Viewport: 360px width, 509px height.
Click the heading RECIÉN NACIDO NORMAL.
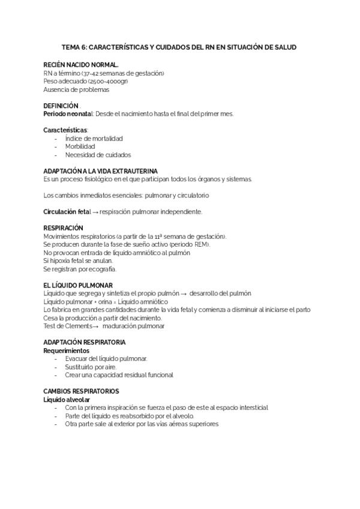tap(81, 64)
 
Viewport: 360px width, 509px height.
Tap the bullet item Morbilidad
tap(80, 146)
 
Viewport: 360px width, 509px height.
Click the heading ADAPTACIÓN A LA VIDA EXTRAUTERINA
tap(101, 171)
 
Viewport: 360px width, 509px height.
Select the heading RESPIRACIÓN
tap(64, 228)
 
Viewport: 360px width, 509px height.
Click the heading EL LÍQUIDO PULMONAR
tap(78, 285)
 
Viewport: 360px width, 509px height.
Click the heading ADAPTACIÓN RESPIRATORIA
tap(85, 342)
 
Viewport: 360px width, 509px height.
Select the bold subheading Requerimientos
tap(67, 350)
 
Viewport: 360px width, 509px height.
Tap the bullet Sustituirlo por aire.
tap(91, 367)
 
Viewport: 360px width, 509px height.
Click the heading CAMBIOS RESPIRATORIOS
tap(80, 391)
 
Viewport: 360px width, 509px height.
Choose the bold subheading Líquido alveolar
tap(67, 399)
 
